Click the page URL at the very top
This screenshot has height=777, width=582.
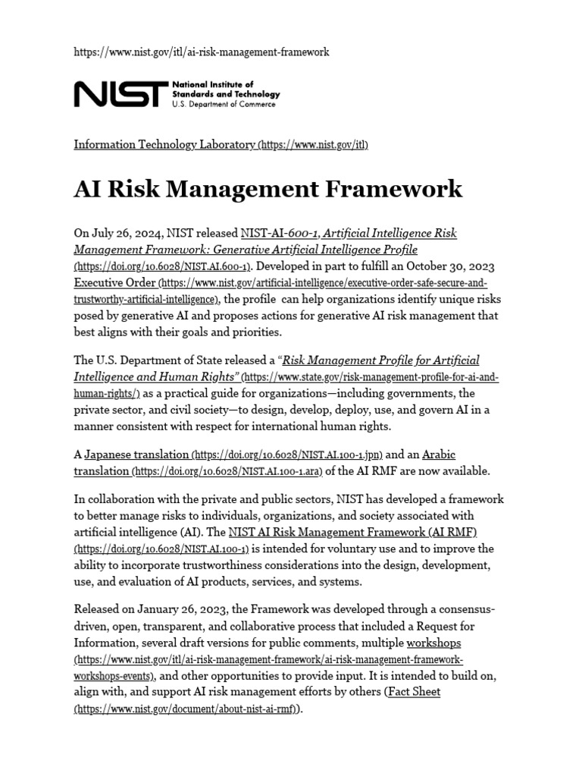(202, 52)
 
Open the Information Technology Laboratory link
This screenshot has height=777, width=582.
(164, 144)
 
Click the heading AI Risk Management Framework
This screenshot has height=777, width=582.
(268, 188)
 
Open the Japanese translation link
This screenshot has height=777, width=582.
(136, 455)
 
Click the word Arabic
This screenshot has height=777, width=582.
(439, 455)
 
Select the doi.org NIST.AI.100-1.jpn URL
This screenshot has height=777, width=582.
(288, 455)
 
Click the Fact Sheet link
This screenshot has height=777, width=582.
(414, 692)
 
